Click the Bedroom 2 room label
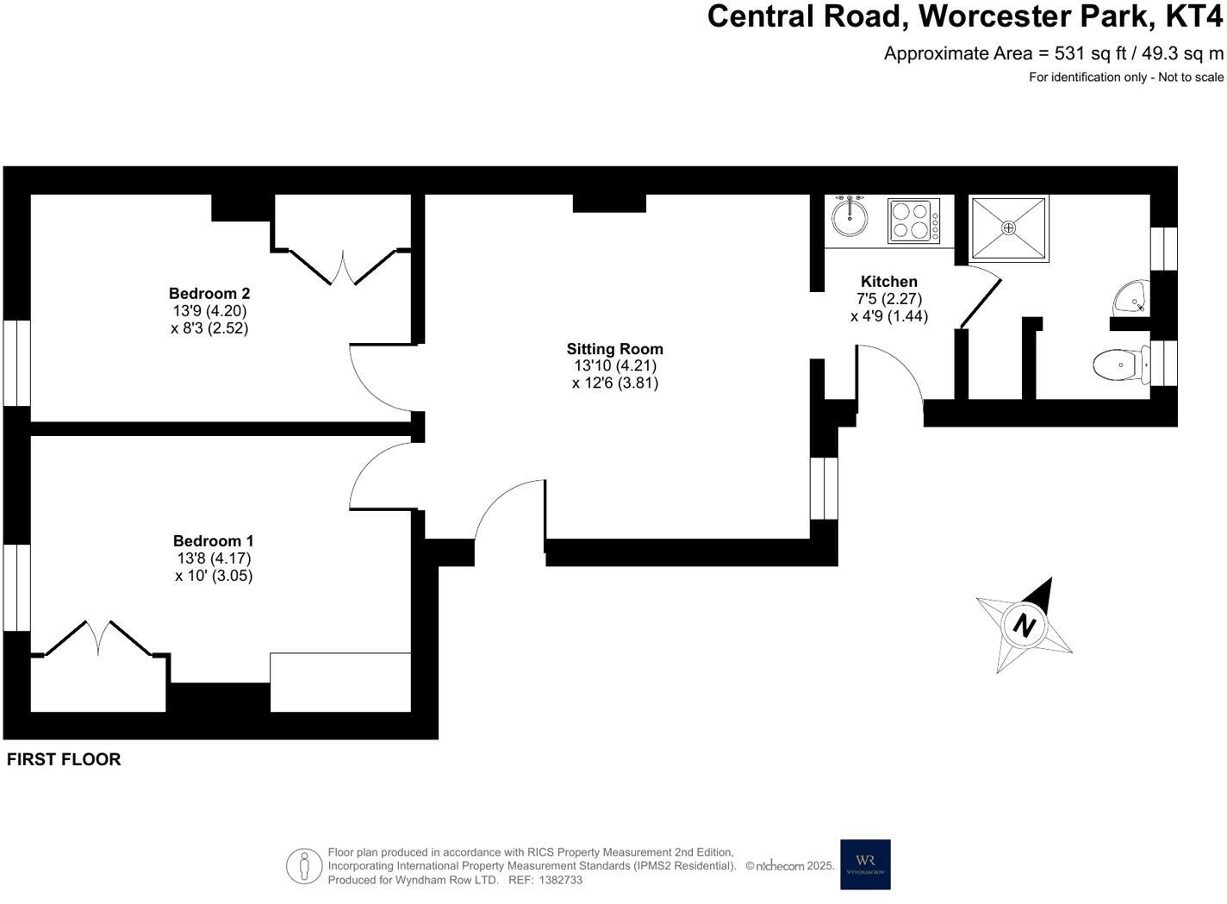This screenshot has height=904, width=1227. [209, 293]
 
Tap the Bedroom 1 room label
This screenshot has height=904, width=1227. [214, 540]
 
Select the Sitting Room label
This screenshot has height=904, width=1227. [614, 349]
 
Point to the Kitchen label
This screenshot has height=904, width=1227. [889, 281]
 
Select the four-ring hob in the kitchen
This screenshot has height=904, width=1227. [913, 221]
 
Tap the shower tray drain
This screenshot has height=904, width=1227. [1008, 228]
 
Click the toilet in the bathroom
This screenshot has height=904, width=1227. [1119, 365]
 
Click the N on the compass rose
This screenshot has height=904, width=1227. [1024, 625]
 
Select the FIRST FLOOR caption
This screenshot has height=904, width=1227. [64, 759]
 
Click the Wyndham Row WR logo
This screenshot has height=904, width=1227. [865, 863]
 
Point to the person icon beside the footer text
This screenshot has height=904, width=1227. [304, 865]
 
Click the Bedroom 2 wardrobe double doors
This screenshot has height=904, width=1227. [342, 267]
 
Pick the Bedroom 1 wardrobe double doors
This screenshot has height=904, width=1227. [98, 638]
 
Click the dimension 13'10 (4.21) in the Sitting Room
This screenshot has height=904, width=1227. [615, 365]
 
